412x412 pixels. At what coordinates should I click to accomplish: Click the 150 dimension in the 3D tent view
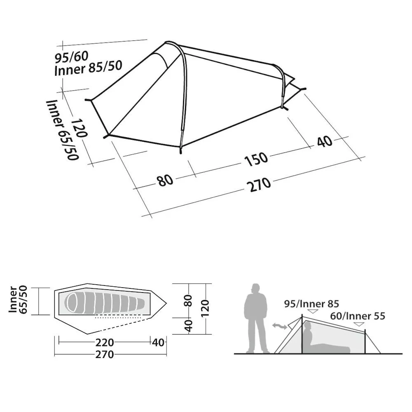pyautogui.click(x=256, y=159)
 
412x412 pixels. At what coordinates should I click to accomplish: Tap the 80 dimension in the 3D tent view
pyautogui.click(x=165, y=180)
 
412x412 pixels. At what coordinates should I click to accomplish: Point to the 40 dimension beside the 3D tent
pyautogui.click(x=325, y=141)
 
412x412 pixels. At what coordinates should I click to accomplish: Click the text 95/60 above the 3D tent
pyautogui.click(x=71, y=57)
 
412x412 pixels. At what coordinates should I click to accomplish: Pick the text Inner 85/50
pyautogui.click(x=88, y=68)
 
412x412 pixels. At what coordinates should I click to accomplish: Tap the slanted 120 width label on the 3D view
pyautogui.click(x=79, y=128)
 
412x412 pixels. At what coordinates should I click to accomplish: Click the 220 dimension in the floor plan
pyautogui.click(x=105, y=343)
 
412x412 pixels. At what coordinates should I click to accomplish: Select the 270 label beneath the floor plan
pyautogui.click(x=105, y=354)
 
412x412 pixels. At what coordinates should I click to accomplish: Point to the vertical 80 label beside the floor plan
pyautogui.click(x=189, y=301)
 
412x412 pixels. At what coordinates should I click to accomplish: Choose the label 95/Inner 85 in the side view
pyautogui.click(x=311, y=304)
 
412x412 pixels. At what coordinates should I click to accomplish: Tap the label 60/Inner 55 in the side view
pyautogui.click(x=358, y=316)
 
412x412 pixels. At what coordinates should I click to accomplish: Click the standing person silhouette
pyautogui.click(x=256, y=318)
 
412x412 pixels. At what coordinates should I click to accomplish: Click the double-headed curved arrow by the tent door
pyautogui.click(x=280, y=326)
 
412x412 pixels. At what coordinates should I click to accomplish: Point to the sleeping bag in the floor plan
pyautogui.click(x=105, y=302)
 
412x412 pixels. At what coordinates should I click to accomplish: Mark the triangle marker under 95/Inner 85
pyautogui.click(x=313, y=311)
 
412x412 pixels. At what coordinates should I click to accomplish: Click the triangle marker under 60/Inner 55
pyautogui.click(x=359, y=324)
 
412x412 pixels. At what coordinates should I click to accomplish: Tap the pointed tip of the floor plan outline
pyautogui.click(x=166, y=303)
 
